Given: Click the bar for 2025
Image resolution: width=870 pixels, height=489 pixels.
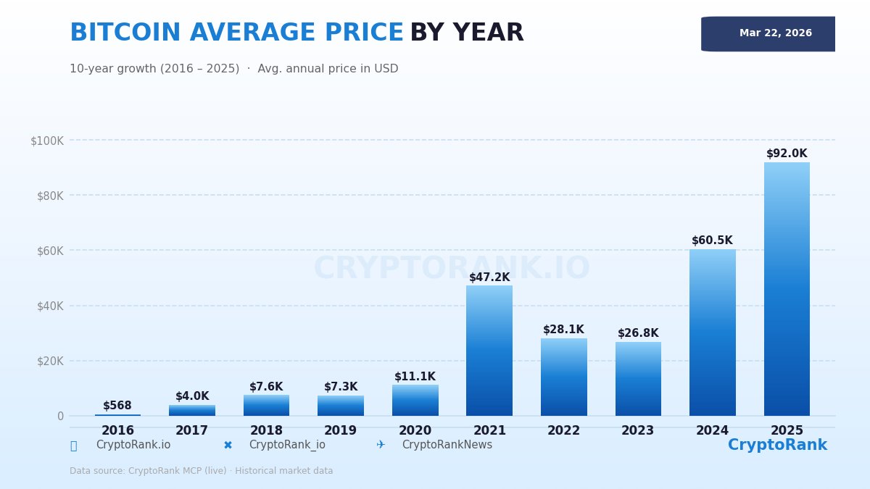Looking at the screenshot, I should point(787,290).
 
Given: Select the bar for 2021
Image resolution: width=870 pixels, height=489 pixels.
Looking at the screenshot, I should point(489,351).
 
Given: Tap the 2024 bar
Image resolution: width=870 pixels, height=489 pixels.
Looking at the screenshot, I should point(712,333).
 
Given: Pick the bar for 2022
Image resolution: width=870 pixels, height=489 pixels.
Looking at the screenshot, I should point(563,377).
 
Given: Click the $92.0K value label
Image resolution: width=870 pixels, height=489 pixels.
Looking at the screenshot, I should point(787,154).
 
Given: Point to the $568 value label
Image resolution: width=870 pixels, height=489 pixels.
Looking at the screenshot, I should point(117,406).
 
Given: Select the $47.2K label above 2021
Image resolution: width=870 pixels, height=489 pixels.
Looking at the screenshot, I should point(489,277).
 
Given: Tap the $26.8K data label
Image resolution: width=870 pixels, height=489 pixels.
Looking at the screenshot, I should point(638,333).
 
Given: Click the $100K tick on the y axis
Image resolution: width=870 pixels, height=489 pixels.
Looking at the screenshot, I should point(47,141).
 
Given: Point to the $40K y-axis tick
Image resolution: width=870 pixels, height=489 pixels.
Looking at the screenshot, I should point(50,306).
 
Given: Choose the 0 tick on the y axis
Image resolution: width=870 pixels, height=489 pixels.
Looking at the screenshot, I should point(60,416).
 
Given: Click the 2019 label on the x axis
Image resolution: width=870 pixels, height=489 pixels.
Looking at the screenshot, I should point(341,431).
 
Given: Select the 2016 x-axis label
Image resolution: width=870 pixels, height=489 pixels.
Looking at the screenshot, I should point(117,431).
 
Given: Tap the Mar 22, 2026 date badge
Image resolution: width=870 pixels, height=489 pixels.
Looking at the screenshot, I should point(775,33).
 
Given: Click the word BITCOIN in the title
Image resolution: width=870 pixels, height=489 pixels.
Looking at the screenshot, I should point(125,33).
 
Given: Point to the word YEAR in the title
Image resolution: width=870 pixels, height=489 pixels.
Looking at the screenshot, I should point(488,33).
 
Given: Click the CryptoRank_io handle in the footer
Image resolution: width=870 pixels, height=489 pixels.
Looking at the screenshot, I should point(287,445).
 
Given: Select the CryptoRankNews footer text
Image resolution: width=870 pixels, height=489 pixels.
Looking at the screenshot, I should point(447,445).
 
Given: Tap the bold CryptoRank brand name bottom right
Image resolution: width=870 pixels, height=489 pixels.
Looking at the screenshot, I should point(777,446).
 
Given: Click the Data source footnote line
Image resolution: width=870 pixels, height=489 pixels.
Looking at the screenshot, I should point(202,471).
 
